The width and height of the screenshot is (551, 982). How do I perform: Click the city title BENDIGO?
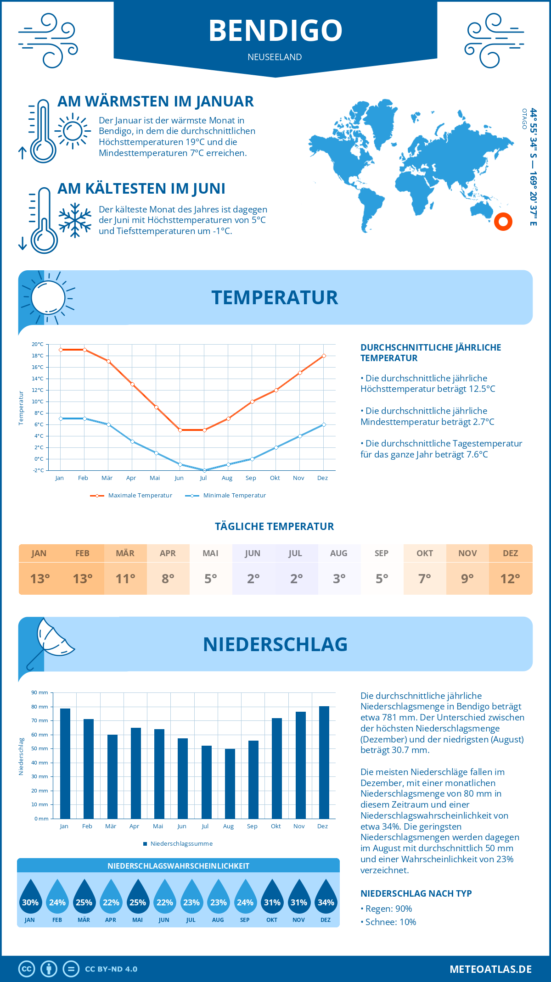click(x=275, y=30)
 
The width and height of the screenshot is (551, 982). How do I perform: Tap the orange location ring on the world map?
click(x=503, y=222)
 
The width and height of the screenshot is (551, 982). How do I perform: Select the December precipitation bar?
click(x=324, y=762)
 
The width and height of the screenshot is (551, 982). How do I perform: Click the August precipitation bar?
click(x=230, y=783)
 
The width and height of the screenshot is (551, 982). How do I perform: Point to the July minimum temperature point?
click(x=204, y=470)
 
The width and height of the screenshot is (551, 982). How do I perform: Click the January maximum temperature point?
click(x=61, y=350)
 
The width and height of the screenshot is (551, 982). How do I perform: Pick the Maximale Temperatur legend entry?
click(x=131, y=496)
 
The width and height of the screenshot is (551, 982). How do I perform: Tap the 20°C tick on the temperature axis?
click(x=38, y=344)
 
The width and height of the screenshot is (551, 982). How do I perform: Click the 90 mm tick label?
click(x=39, y=692)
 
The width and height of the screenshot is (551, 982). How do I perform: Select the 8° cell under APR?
click(x=168, y=579)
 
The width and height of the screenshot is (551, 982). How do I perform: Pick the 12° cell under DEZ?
click(x=510, y=579)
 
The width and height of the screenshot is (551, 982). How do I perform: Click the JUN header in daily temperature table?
click(x=253, y=553)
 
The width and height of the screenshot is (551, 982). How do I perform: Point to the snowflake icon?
click(x=75, y=220)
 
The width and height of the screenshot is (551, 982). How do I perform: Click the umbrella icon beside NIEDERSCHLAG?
click(x=51, y=640)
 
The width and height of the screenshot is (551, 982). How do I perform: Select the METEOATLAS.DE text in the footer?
click(x=490, y=969)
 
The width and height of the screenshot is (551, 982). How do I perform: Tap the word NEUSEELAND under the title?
click(x=275, y=57)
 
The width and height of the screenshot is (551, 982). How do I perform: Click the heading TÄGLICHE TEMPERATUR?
click(x=275, y=526)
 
